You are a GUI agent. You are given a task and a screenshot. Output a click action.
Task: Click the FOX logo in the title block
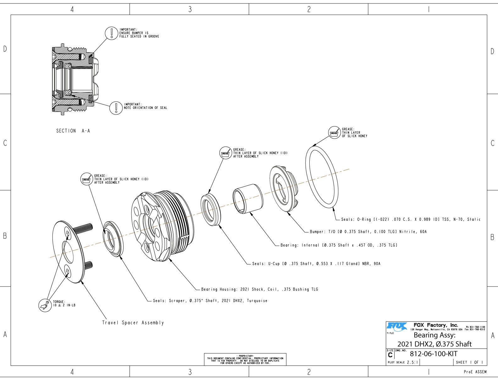click(x=397, y=326)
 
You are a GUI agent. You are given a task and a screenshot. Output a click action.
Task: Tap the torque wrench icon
click(x=44, y=305)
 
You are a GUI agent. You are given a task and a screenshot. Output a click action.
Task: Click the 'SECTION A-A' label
click(x=73, y=131)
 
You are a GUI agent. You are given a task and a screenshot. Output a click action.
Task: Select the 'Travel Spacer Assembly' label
click(x=133, y=323)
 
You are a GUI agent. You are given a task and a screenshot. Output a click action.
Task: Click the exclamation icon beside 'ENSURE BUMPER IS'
click(x=111, y=33)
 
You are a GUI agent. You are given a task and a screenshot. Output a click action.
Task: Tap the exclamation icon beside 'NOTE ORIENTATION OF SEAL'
click(x=116, y=108)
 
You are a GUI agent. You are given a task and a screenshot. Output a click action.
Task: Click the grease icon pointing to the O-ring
click(x=334, y=133)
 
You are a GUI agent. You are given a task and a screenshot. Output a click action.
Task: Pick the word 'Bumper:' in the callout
click(x=317, y=232)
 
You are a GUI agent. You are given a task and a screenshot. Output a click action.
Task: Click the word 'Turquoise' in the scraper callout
click(x=257, y=301)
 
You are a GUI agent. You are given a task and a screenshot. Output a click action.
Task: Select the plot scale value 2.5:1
click(x=412, y=362)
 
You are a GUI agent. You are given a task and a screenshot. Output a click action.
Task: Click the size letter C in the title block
click(x=390, y=355)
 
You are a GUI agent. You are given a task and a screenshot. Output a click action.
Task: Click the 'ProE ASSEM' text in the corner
click(x=475, y=372)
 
